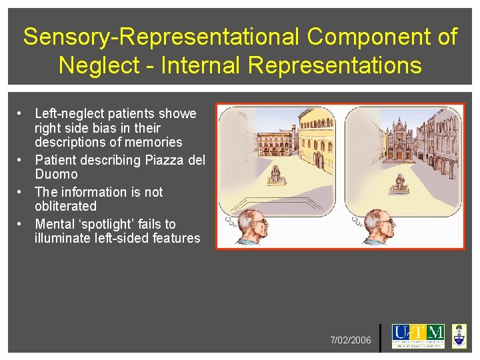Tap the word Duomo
[x=56, y=175]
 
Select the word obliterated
[x=65, y=207]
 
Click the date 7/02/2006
[x=351, y=341]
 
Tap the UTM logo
[x=418, y=336]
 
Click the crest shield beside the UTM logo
[x=459, y=336]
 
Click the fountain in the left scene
[x=274, y=175]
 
